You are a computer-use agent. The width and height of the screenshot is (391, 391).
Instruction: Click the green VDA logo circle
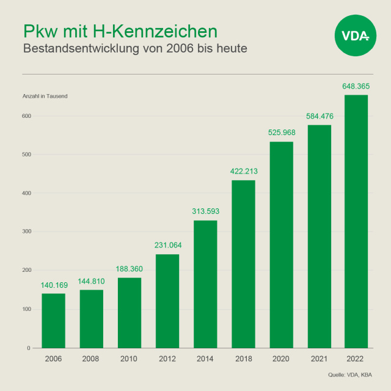tap(356, 36)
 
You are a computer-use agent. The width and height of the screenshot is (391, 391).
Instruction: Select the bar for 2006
tap(53, 321)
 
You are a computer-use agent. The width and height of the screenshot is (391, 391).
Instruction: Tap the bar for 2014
tap(205, 284)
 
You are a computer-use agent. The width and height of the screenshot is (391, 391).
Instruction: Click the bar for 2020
tap(281, 244)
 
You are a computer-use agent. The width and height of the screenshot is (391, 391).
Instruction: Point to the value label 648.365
tap(356, 86)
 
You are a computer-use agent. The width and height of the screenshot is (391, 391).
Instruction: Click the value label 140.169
tap(53, 285)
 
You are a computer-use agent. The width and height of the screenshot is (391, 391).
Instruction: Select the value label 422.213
tap(243, 171)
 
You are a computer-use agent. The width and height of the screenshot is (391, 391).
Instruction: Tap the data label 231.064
tap(167, 245)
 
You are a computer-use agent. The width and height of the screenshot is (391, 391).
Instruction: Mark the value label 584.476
tap(319, 116)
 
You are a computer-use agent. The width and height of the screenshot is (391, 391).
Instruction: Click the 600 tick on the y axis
tap(27, 115)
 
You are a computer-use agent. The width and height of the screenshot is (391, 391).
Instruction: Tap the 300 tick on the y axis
tap(27, 232)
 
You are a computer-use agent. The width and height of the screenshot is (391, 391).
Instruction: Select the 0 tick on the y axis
tap(29, 348)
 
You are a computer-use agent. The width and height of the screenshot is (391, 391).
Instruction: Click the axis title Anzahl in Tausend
tap(45, 97)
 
